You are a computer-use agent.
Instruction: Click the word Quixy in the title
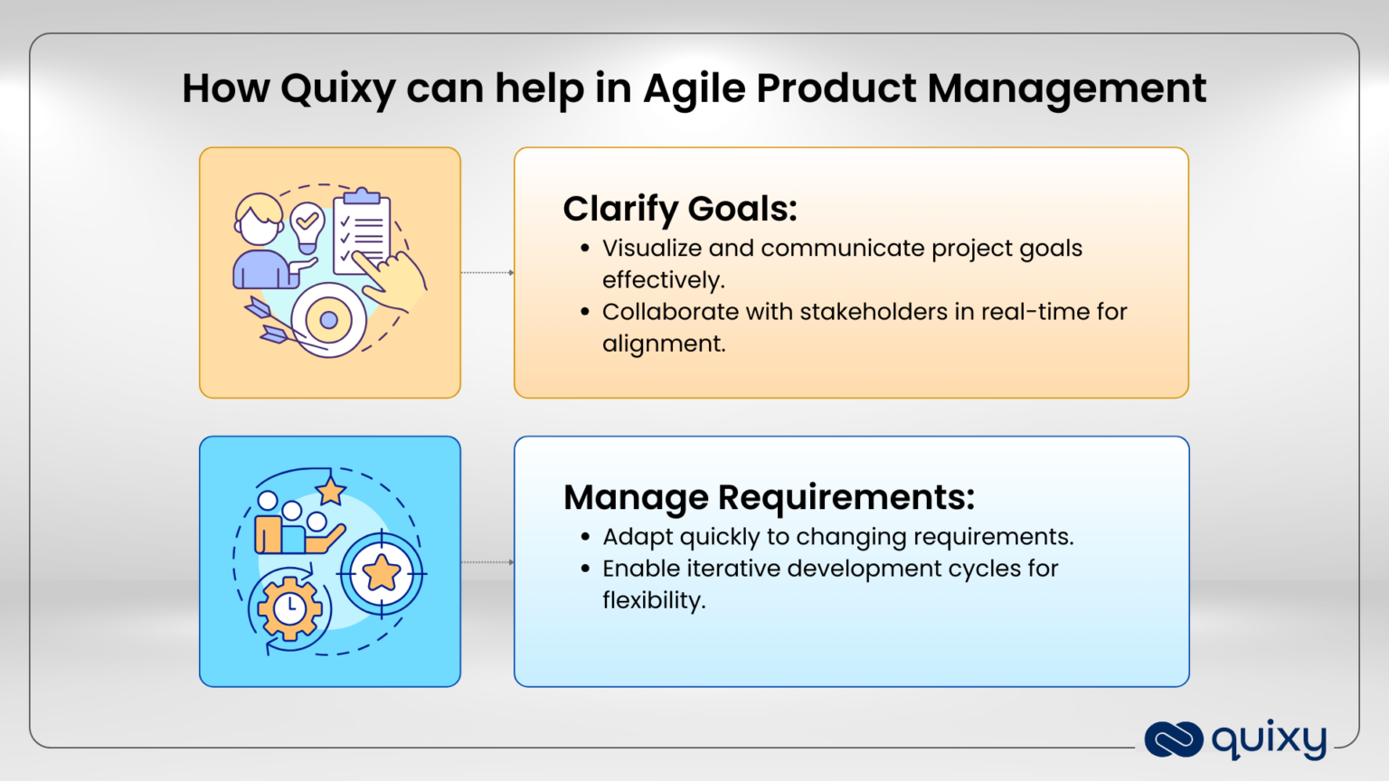[x=337, y=89]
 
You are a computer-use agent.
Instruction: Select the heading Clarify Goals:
[x=680, y=209]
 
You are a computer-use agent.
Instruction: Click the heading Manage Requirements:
[x=769, y=497]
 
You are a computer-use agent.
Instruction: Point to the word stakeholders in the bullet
[x=874, y=312]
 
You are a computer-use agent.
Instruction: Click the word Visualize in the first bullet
[x=651, y=249]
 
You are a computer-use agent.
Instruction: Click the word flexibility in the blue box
[x=652, y=600]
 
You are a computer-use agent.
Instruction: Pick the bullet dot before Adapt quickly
[x=585, y=537]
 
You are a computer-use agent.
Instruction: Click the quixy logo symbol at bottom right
[x=1173, y=739]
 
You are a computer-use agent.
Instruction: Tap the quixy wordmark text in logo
[x=1269, y=739]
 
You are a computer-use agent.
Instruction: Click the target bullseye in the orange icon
[x=329, y=320]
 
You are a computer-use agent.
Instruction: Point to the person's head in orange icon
[x=259, y=220]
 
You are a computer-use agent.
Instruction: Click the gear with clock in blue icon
[x=289, y=608]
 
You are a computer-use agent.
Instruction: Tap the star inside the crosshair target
[x=382, y=573]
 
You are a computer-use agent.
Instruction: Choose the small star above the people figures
[x=331, y=491]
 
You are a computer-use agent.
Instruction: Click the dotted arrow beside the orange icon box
[x=487, y=272]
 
